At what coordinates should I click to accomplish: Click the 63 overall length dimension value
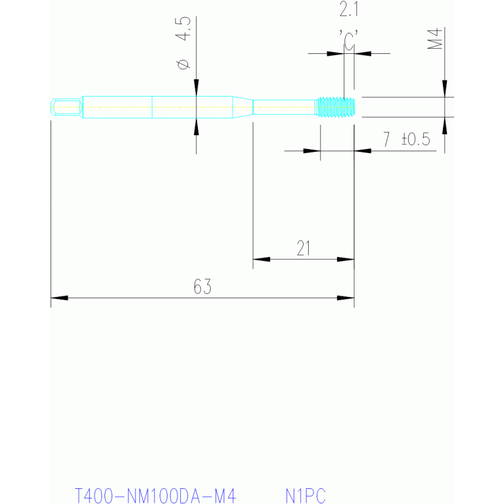[x=202, y=286]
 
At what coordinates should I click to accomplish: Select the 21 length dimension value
[x=304, y=248]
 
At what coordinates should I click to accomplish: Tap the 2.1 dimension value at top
[x=349, y=10]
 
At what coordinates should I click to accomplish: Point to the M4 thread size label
[x=435, y=39]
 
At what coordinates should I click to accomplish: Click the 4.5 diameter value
[x=183, y=29]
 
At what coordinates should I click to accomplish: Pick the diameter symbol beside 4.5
[x=183, y=64]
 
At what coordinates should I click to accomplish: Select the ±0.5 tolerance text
[x=415, y=139]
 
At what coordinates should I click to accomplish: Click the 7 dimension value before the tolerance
[x=386, y=139]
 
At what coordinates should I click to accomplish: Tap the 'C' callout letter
[x=349, y=40]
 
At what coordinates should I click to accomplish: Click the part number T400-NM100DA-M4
[x=156, y=495]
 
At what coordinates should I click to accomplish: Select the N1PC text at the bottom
[x=306, y=495]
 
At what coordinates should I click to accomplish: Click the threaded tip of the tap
[x=334, y=107]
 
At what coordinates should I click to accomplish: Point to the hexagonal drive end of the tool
[x=66, y=107]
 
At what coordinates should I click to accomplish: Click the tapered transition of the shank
[x=242, y=107]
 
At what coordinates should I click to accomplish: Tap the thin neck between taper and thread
[x=284, y=107]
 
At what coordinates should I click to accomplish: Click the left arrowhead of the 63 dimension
[x=59, y=298]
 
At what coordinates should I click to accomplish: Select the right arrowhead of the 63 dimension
[x=346, y=298]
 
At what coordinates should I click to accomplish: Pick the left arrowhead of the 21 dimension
[x=262, y=259]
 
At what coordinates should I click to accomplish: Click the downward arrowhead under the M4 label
[x=445, y=89]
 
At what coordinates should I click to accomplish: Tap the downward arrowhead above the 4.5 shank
[x=196, y=87]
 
